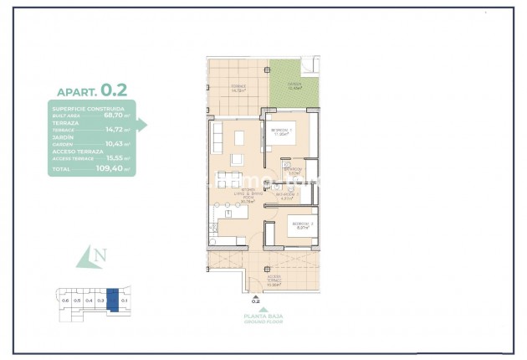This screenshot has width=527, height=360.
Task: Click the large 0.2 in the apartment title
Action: [x=114, y=89]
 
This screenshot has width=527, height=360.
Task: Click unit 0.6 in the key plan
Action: [x=65, y=300]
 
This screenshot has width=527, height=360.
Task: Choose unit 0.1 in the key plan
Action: [x=124, y=300]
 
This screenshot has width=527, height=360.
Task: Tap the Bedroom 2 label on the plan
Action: [x=301, y=225]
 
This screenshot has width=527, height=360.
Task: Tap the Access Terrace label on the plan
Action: [x=274, y=280]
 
